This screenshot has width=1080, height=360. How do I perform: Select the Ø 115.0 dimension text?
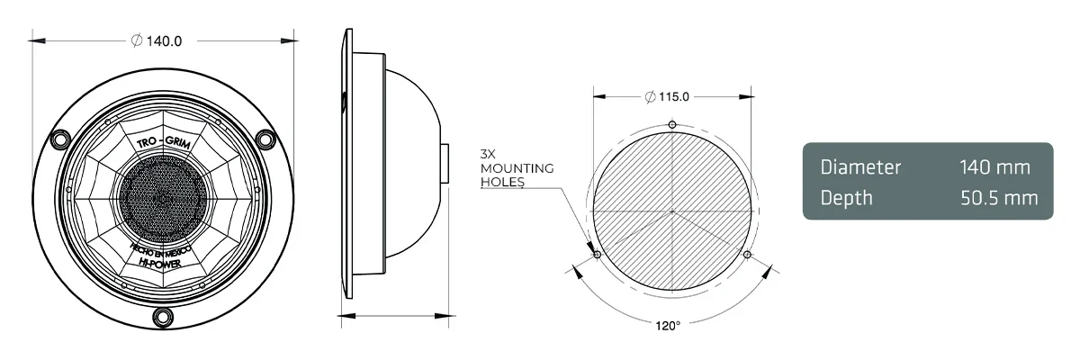(x=667, y=97)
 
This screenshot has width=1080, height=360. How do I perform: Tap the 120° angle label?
(x=668, y=325)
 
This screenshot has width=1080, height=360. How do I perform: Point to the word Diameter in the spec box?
(x=860, y=167)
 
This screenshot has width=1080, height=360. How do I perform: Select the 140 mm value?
(x=994, y=167)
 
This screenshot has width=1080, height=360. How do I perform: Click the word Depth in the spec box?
(x=846, y=197)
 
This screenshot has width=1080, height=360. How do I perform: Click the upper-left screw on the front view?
(x=60, y=139)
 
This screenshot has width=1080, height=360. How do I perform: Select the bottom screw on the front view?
(x=163, y=316)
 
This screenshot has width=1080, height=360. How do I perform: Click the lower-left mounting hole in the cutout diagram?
(x=597, y=255)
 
